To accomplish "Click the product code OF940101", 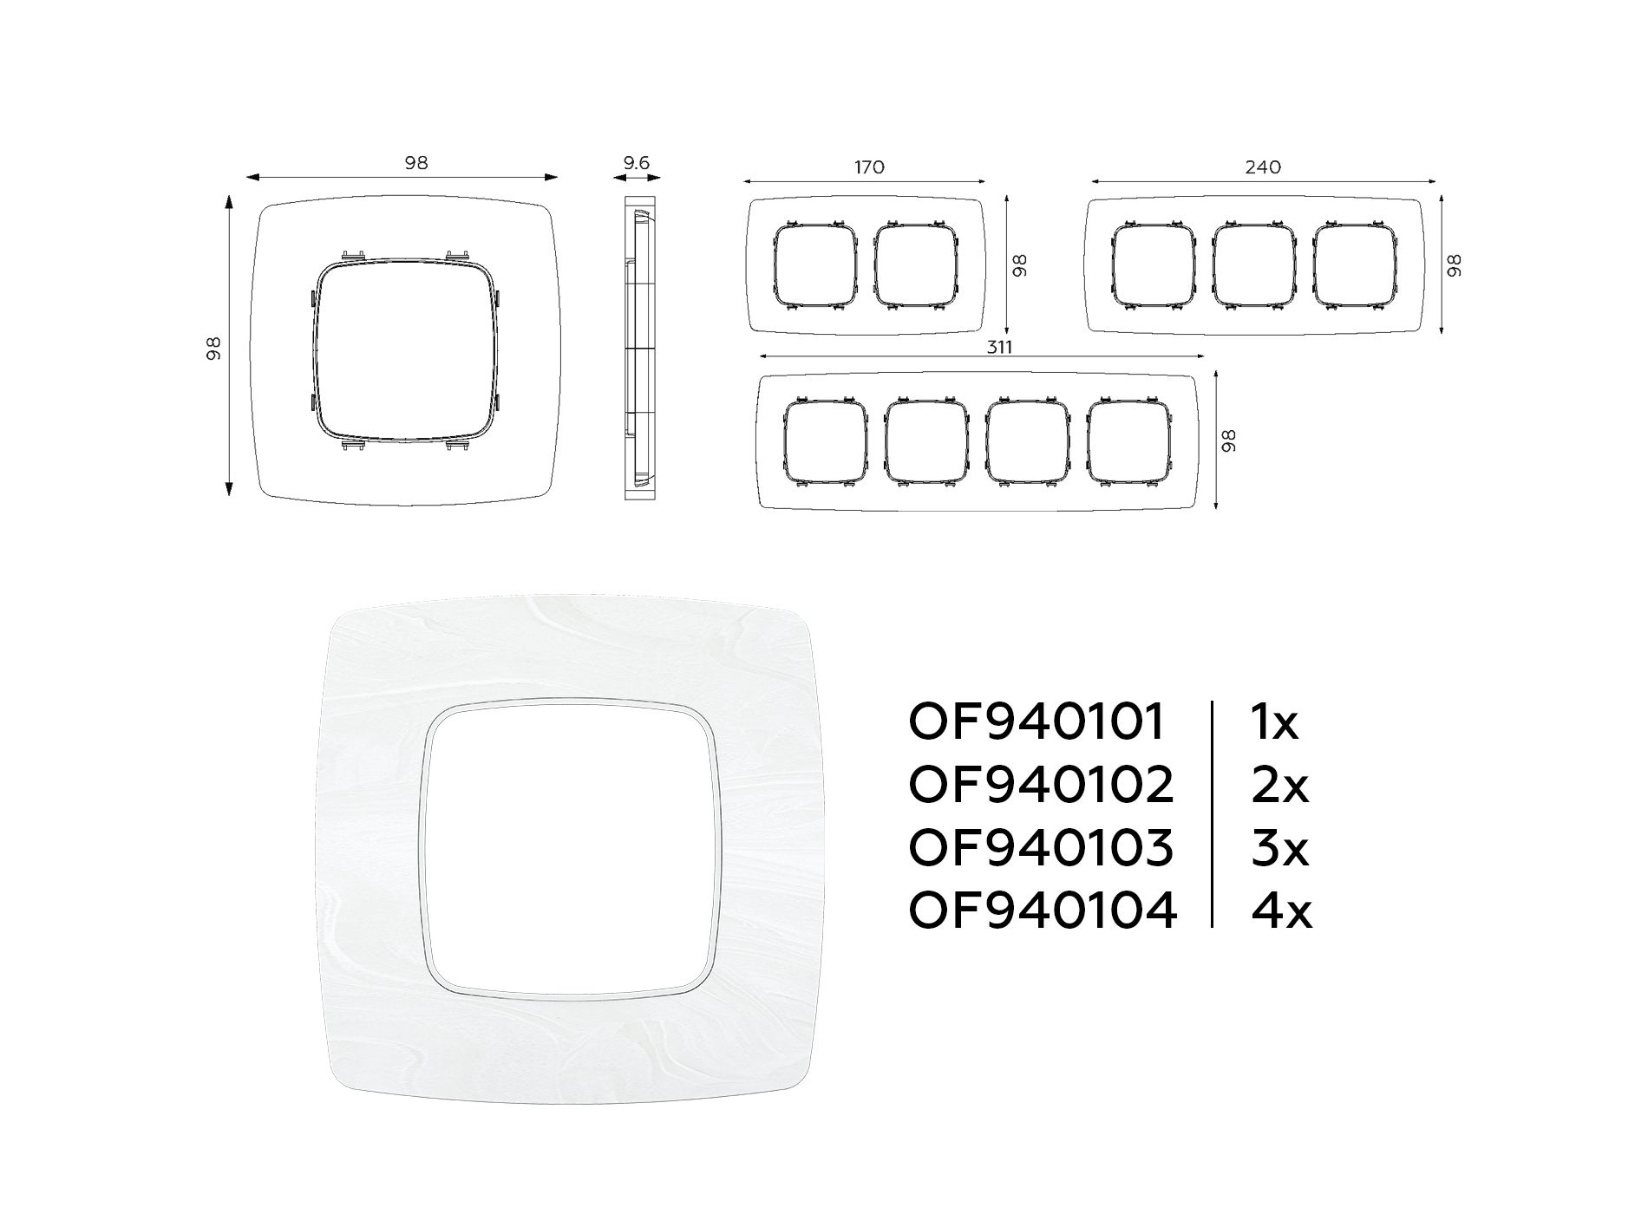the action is coord(1037,722).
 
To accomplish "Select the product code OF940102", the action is coord(1041,785).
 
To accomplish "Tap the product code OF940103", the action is coord(1041,847).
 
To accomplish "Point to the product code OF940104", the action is coord(1043,910).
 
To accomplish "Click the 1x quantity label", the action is coord(1274,722).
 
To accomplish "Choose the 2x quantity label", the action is coord(1279,785).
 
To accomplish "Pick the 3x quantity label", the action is coord(1279,847).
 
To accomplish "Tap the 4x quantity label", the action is coord(1281,910).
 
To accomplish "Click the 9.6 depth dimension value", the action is coord(636,162).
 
